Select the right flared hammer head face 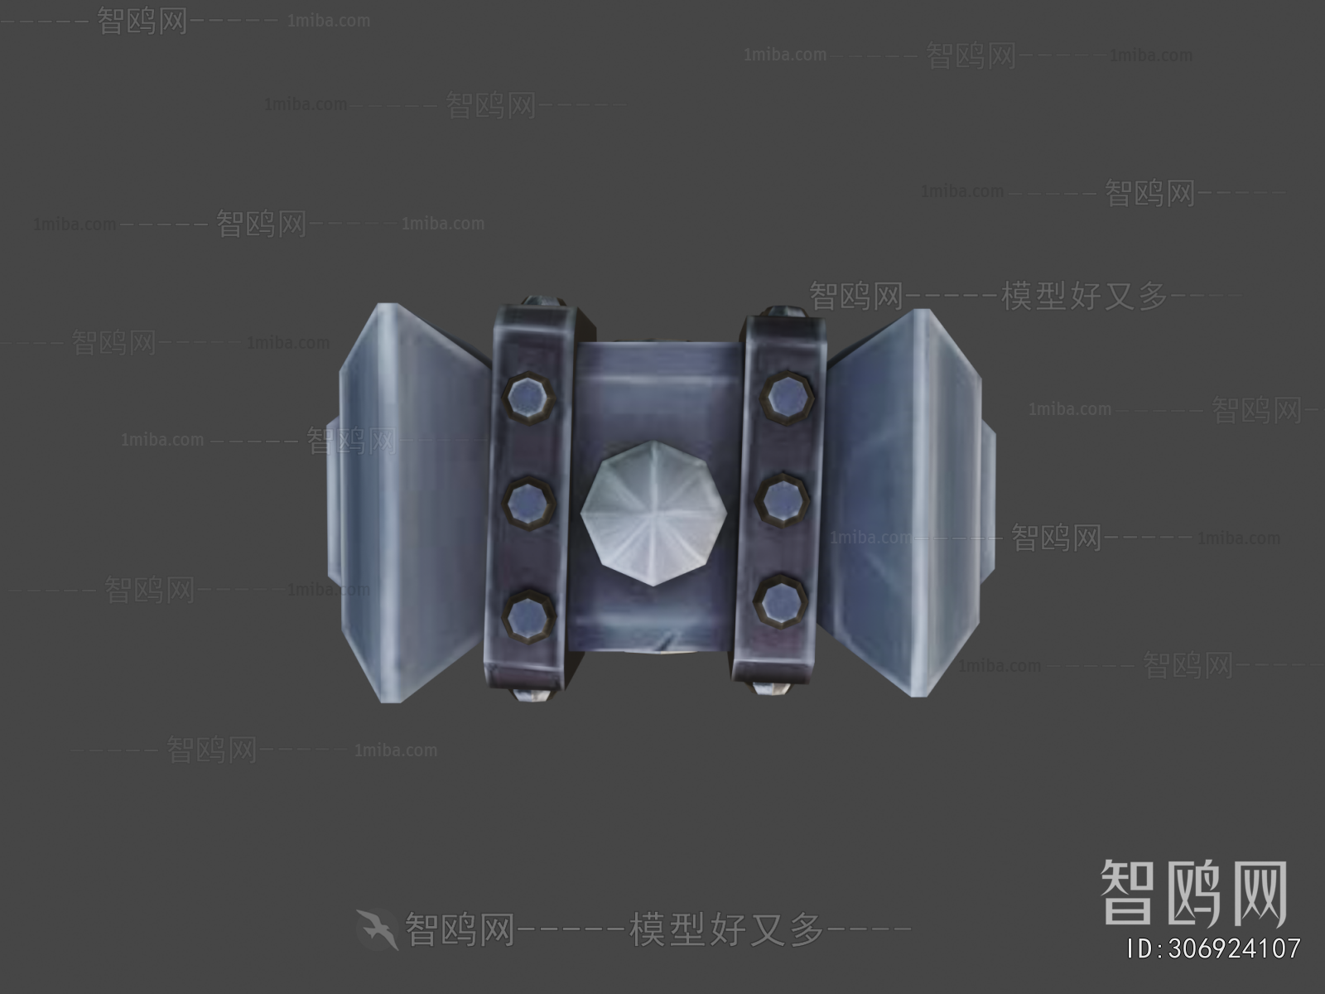(903, 497)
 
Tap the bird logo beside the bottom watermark (377, 929)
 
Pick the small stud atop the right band (781, 311)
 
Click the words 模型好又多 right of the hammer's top (1085, 296)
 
